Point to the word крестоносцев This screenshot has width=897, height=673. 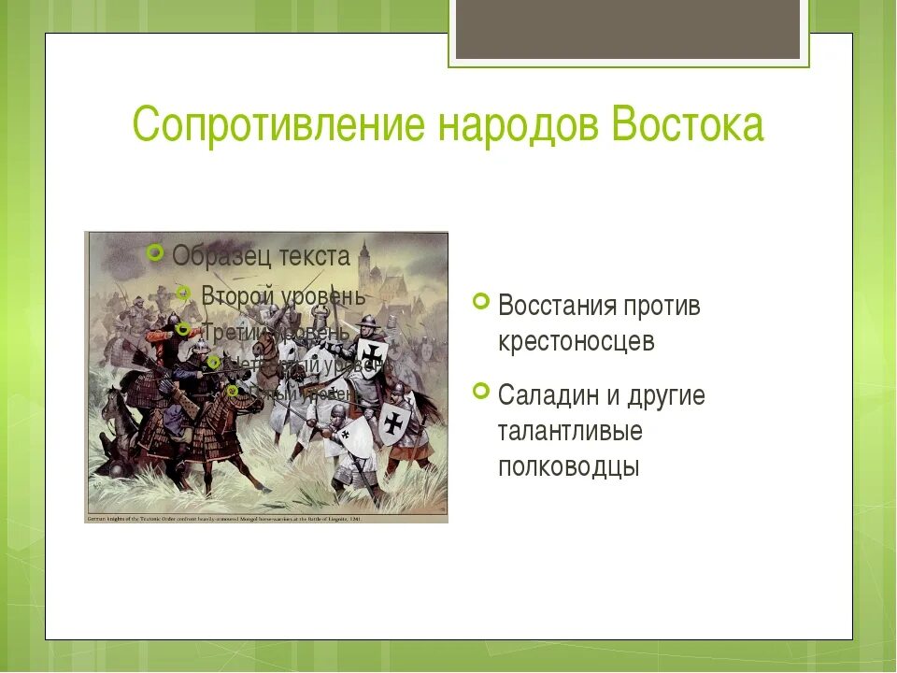point(577,342)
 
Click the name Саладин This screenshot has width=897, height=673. point(548,395)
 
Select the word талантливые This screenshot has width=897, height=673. point(570,431)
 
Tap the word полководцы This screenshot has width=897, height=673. point(568,466)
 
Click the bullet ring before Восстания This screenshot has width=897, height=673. point(481,301)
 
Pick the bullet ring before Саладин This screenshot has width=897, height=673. point(481,391)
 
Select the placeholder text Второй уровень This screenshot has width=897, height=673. point(283,295)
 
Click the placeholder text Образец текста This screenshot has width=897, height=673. point(262,256)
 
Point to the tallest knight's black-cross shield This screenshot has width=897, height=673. point(373,354)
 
